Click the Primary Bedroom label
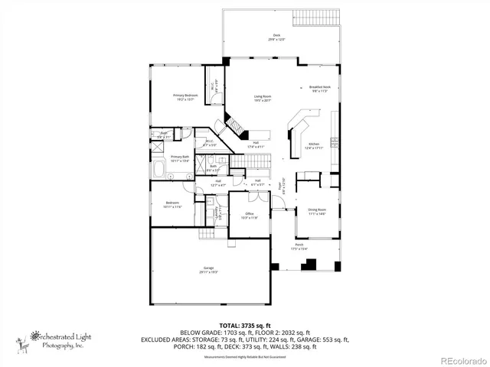point(185,96)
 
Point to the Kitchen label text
point(313,145)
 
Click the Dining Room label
point(317,211)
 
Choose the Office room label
point(250,216)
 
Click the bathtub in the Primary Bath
point(158,169)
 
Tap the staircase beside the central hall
point(258,161)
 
